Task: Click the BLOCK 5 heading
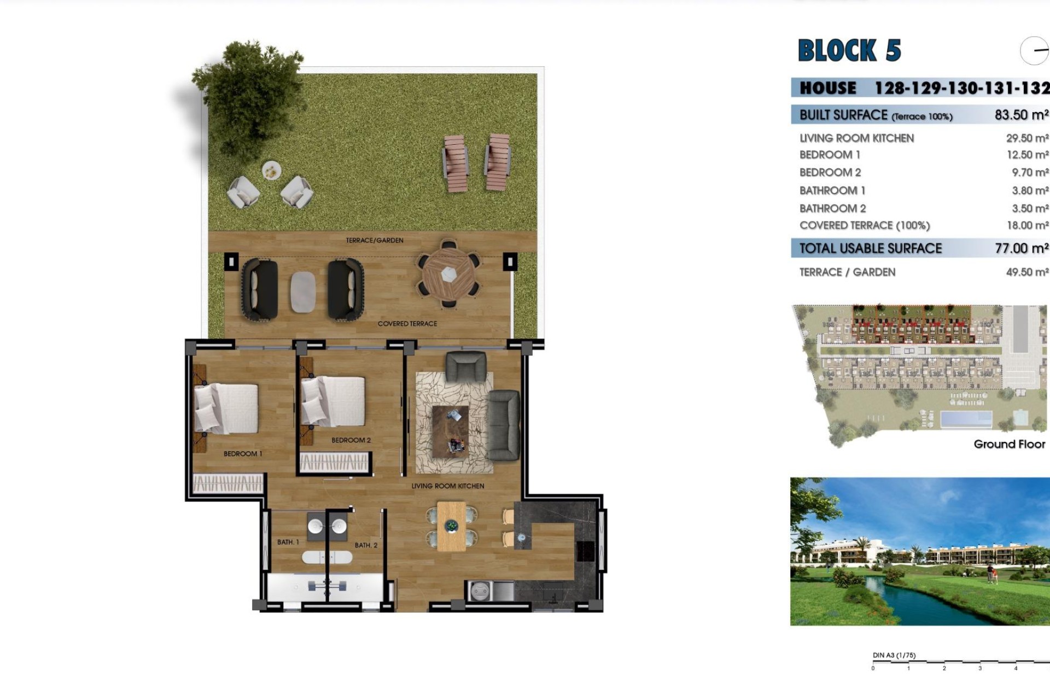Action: (x=849, y=51)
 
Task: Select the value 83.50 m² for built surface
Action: (x=1021, y=115)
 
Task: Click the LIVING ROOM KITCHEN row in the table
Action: (x=856, y=138)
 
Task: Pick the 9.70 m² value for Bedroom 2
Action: (x=1029, y=173)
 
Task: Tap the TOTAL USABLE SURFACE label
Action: (x=870, y=249)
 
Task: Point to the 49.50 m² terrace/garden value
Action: (x=1026, y=272)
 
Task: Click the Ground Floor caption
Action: (x=1009, y=444)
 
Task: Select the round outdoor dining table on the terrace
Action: (x=448, y=274)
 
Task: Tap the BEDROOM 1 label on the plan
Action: (x=243, y=454)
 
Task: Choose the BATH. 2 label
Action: (x=366, y=545)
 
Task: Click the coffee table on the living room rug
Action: (x=450, y=430)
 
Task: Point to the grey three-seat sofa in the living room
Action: (x=503, y=425)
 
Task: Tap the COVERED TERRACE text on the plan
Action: (x=407, y=324)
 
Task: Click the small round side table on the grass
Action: (x=271, y=171)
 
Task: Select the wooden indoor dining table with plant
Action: (x=451, y=527)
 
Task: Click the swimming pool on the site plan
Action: (x=966, y=419)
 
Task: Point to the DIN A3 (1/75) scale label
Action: (x=894, y=655)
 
